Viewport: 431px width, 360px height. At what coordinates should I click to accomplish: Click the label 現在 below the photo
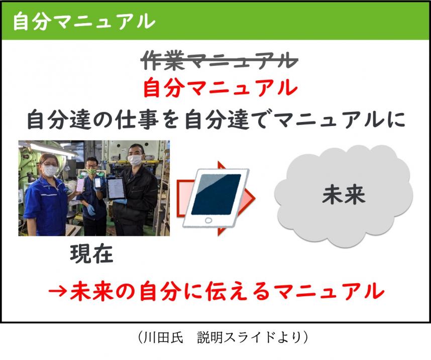(x=91, y=254)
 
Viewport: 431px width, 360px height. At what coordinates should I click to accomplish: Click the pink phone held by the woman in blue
(x=79, y=184)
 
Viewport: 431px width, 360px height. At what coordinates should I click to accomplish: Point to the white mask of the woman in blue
(x=49, y=170)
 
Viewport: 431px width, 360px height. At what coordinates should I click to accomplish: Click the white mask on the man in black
(x=135, y=160)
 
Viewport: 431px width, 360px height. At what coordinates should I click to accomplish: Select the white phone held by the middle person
(x=97, y=183)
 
